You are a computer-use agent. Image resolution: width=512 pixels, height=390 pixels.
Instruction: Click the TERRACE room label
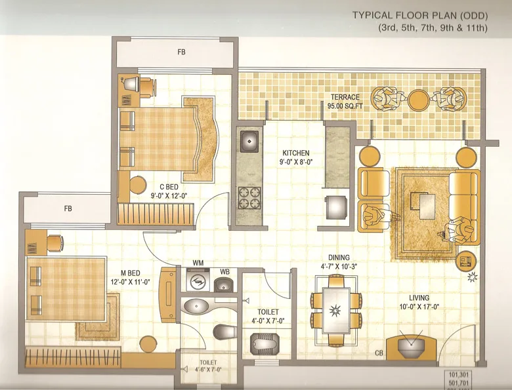(345, 97)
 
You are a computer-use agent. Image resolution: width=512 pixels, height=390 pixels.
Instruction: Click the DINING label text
(339, 258)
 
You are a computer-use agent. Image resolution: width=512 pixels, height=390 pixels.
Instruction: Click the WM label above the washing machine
(198, 263)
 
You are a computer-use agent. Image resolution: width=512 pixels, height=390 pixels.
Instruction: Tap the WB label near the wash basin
(224, 271)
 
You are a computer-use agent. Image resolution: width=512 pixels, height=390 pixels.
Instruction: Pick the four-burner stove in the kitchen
(249, 196)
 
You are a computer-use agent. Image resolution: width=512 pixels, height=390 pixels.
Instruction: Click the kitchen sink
(249, 140)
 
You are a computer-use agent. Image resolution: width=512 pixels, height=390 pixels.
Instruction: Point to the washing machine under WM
(195, 283)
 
